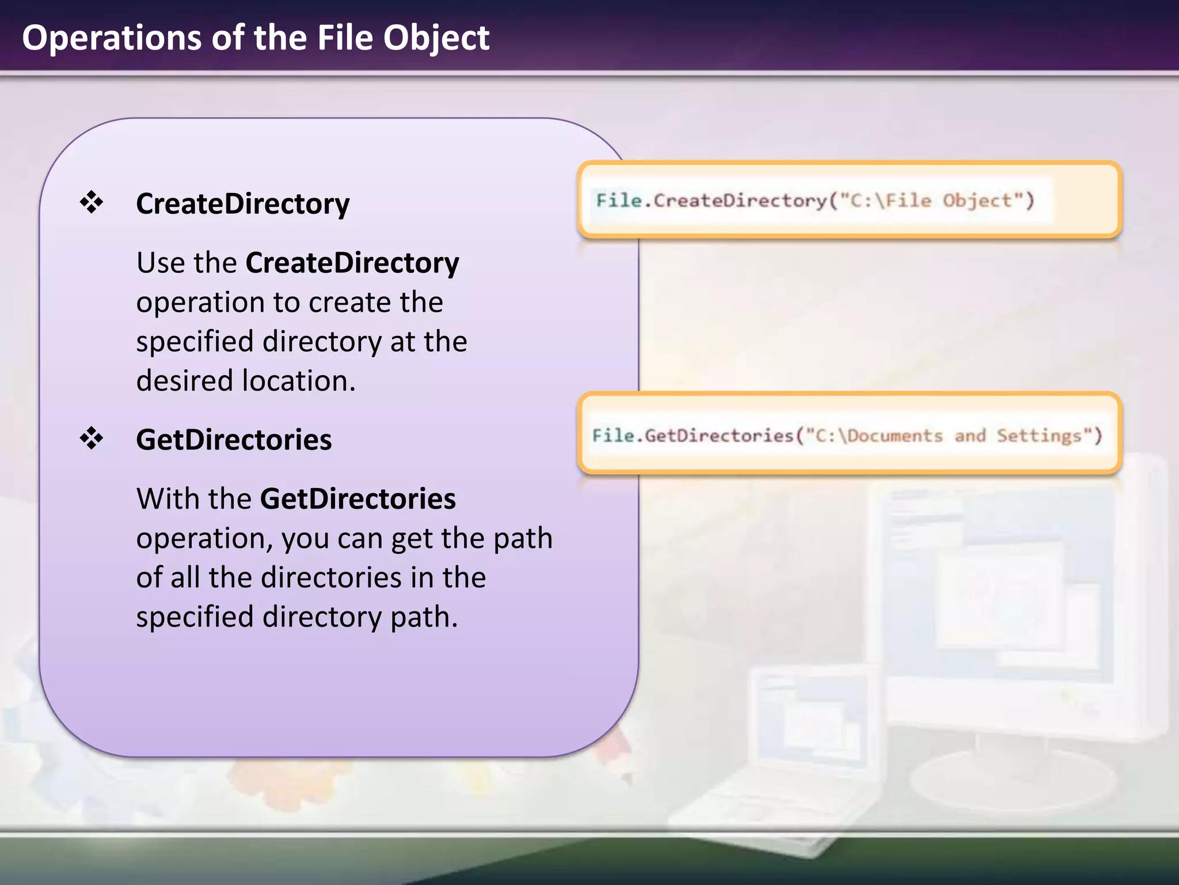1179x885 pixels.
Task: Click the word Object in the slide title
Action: (x=436, y=39)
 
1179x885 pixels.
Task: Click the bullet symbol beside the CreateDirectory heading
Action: (x=92, y=202)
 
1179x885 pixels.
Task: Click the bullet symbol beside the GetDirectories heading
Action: (x=92, y=438)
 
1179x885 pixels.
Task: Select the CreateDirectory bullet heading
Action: (x=242, y=204)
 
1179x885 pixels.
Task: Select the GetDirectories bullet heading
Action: (x=234, y=440)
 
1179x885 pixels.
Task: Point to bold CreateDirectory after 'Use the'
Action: (x=352, y=263)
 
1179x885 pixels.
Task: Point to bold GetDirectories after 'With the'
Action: (x=358, y=499)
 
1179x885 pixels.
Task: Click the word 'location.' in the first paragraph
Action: (x=299, y=381)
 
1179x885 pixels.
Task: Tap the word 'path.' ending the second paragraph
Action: (x=424, y=617)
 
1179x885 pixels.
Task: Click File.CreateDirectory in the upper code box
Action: (x=712, y=201)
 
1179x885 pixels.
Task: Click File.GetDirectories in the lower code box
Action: (x=693, y=436)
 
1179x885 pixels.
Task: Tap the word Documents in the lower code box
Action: (x=895, y=436)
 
